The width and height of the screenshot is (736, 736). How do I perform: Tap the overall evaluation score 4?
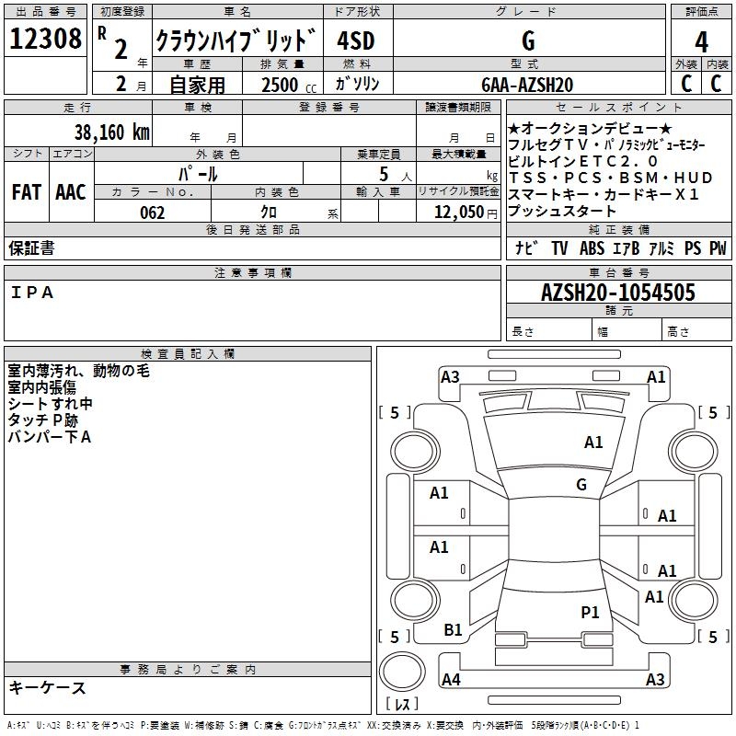pyautogui.click(x=701, y=42)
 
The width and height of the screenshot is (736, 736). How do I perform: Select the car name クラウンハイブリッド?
pyautogui.click(x=236, y=41)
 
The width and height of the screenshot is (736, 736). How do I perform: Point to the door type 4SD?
pyautogui.click(x=355, y=41)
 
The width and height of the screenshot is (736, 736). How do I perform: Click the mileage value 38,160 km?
pyautogui.click(x=111, y=132)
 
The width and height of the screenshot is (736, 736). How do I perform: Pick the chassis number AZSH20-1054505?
pyautogui.click(x=618, y=293)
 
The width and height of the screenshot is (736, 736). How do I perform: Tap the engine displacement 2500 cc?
pyautogui.click(x=285, y=85)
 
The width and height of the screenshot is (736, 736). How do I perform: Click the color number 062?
pyautogui.click(x=152, y=213)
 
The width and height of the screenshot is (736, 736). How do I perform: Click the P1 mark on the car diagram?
pyautogui.click(x=590, y=612)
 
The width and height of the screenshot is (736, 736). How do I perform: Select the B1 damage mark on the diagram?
pyautogui.click(x=453, y=630)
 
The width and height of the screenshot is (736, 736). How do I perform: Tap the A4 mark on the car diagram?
pyautogui.click(x=451, y=680)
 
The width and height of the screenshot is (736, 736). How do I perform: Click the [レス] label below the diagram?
pyautogui.click(x=402, y=706)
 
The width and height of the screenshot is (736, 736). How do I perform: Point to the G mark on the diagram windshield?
pyautogui.click(x=581, y=485)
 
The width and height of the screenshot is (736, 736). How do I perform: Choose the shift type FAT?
pyautogui.click(x=26, y=191)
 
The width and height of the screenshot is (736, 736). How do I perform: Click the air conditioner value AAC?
pyautogui.click(x=71, y=191)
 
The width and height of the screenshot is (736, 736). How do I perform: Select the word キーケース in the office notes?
pyautogui.click(x=47, y=688)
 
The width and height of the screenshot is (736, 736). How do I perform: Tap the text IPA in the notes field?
pyautogui.click(x=33, y=293)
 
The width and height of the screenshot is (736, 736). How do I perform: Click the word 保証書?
pyautogui.click(x=31, y=248)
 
